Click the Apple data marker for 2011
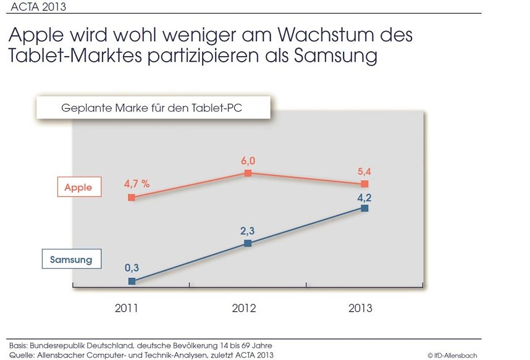point(132,198)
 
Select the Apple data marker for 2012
point(248,174)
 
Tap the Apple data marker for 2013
point(364,184)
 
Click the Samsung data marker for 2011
point(132,281)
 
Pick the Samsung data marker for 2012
point(248,243)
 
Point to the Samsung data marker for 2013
point(364,209)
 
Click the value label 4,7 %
point(137,183)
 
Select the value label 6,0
point(248,161)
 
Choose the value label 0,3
point(132,267)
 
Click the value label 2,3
point(248,230)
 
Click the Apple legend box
point(79,187)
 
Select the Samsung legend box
point(71,259)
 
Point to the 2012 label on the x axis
point(243,308)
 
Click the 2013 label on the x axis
point(360,308)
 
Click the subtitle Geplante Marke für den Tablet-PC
point(152,107)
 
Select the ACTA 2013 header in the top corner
point(39,7)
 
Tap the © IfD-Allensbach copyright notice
point(452,355)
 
